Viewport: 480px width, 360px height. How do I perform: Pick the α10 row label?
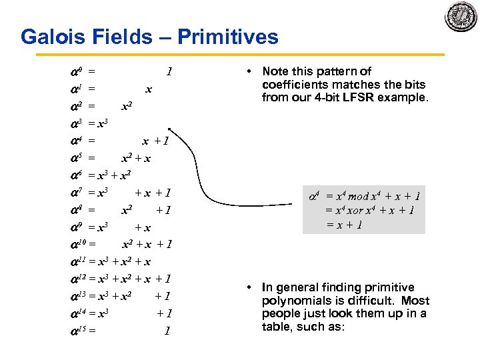pyautogui.click(x=77, y=244)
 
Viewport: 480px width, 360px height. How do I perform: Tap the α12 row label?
pyautogui.click(x=77, y=279)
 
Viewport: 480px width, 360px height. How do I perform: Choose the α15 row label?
pyautogui.click(x=77, y=331)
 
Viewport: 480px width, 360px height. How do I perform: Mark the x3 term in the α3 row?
pyautogui.click(x=103, y=123)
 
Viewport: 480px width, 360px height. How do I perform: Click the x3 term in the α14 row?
pyautogui.click(x=103, y=313)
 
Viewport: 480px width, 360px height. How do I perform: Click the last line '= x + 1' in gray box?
pyautogui.click(x=344, y=225)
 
